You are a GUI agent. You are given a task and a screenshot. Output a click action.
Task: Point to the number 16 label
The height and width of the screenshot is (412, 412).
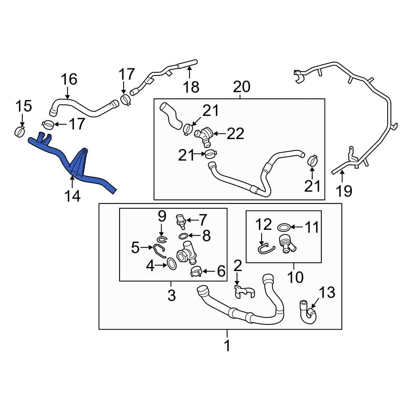pos(69,79)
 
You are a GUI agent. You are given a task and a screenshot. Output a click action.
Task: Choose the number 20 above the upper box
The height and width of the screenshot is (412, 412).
pos(241,87)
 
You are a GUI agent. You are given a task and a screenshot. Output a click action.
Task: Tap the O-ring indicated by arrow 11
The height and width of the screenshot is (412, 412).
pos(283,227)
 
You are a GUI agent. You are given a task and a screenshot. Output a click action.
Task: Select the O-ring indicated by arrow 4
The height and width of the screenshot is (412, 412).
pos(172,264)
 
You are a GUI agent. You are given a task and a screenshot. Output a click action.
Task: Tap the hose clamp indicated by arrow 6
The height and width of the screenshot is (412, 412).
pos(196,272)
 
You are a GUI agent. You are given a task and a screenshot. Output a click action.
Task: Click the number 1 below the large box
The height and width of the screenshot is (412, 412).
pos(227,346)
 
